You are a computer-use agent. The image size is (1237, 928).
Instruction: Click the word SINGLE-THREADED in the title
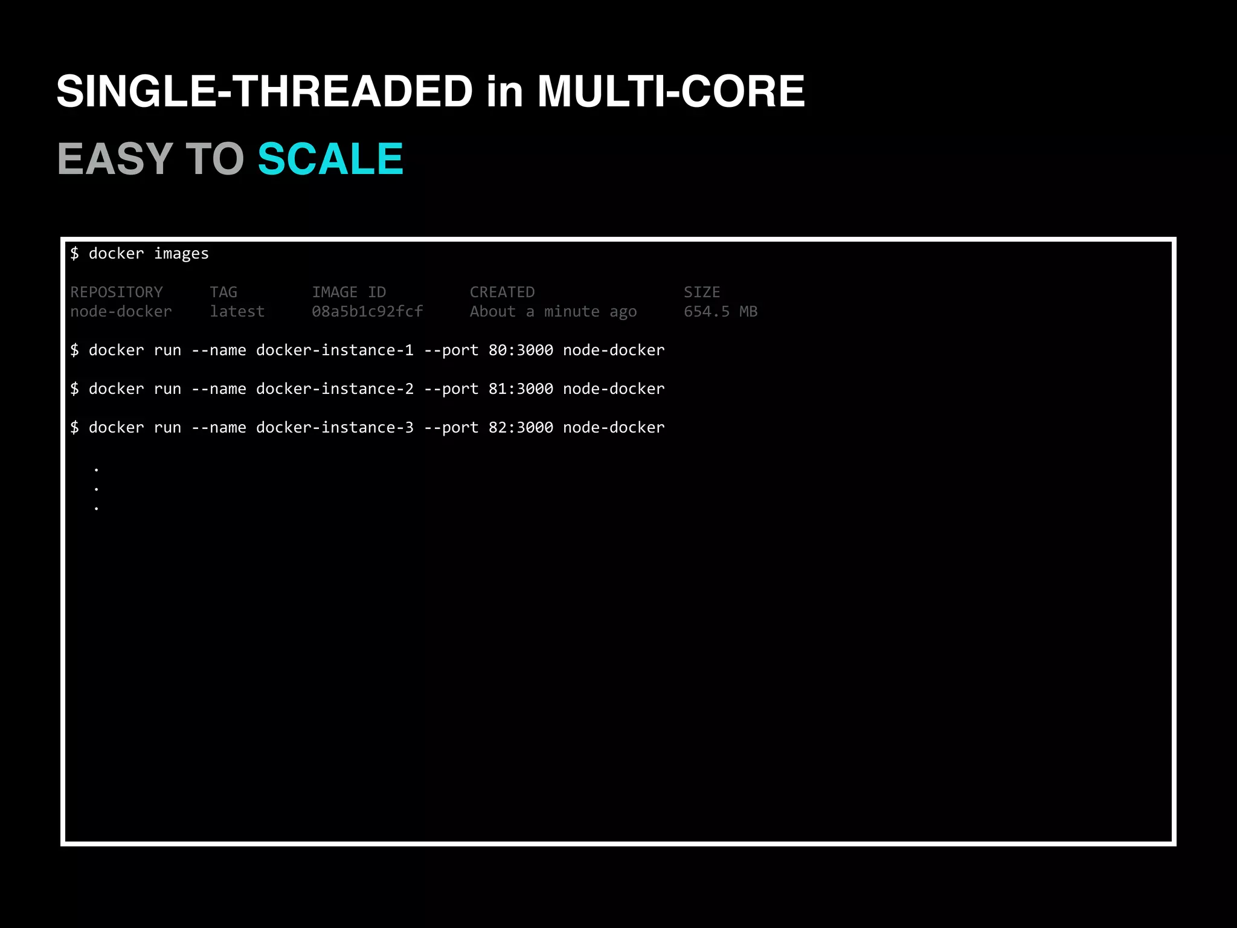pyautogui.click(x=265, y=92)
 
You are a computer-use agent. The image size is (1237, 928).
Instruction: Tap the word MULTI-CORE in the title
pyautogui.click(x=671, y=92)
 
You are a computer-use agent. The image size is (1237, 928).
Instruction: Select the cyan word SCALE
pyautogui.click(x=330, y=159)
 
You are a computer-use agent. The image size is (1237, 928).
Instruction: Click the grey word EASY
pyautogui.click(x=115, y=159)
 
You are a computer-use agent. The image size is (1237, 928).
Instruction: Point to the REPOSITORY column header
pyautogui.click(x=117, y=292)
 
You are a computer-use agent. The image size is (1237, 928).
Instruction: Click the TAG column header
pyautogui.click(x=223, y=292)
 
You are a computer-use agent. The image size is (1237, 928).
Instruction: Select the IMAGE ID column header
pyautogui.click(x=349, y=292)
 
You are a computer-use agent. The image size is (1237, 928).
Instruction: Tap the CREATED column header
pyautogui.click(x=502, y=292)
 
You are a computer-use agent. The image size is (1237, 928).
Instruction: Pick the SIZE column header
pyautogui.click(x=702, y=292)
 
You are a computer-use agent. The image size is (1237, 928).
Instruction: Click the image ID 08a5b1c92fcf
pyautogui.click(x=367, y=312)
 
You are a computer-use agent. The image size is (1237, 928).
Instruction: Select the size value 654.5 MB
pyautogui.click(x=721, y=312)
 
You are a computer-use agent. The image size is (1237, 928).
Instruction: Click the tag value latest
pyautogui.click(x=237, y=312)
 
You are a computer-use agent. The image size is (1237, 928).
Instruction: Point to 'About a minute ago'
pyautogui.click(x=553, y=312)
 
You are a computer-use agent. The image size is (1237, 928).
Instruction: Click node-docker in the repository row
pyautogui.click(x=121, y=312)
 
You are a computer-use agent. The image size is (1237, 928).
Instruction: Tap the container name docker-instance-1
pyautogui.click(x=335, y=350)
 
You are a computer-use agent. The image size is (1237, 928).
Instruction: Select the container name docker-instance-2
pyautogui.click(x=335, y=389)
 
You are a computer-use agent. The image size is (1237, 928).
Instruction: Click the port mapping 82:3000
pyautogui.click(x=521, y=428)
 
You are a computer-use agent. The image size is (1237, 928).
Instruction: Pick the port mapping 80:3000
pyautogui.click(x=521, y=350)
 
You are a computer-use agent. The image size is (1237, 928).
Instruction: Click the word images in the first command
pyautogui.click(x=181, y=254)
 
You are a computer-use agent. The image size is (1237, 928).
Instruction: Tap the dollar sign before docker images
pyautogui.click(x=74, y=254)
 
